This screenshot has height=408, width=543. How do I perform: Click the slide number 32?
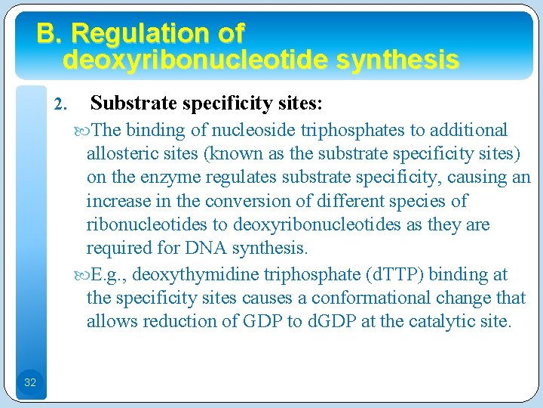[30, 382]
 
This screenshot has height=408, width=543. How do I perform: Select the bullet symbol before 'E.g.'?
[81, 274]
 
